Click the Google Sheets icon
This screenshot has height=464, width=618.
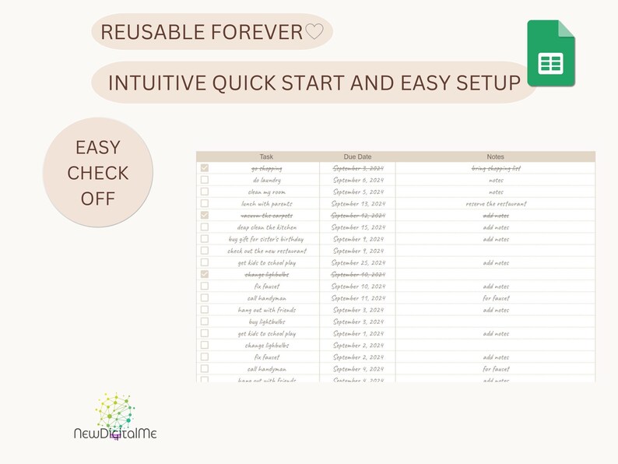551,54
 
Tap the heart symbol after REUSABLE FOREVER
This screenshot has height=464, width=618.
314,32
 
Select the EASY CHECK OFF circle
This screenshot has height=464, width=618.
97,173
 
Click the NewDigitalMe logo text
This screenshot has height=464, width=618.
115,433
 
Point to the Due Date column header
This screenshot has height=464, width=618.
357,156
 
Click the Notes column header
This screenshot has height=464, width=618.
495,156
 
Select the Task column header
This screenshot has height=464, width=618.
266,156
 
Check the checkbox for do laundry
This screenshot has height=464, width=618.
205,180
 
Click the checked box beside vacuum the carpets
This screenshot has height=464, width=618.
205,215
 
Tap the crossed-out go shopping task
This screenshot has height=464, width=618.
266,168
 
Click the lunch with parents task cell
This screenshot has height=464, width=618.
266,203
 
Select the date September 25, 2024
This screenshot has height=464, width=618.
357,262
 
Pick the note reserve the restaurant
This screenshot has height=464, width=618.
495,203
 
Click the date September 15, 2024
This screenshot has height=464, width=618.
357,227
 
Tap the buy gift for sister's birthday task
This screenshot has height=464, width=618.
266,239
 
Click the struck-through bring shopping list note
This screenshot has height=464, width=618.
495,168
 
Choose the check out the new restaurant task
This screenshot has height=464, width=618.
266,251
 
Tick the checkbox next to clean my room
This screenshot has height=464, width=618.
205,192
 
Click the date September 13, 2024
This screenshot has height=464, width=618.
357,203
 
